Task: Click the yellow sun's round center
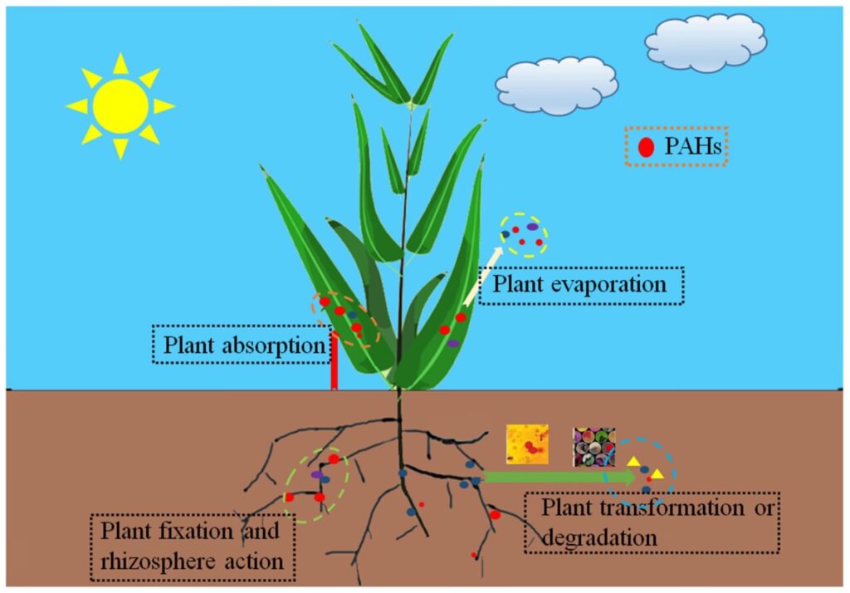tap(120, 106)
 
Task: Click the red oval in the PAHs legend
tap(645, 149)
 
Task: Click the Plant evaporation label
tap(580, 285)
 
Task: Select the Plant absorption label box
tap(242, 344)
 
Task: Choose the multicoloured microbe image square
tap(594, 447)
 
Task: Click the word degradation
tap(600, 537)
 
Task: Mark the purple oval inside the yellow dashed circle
tap(532, 226)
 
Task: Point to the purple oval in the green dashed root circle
tap(317, 474)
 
